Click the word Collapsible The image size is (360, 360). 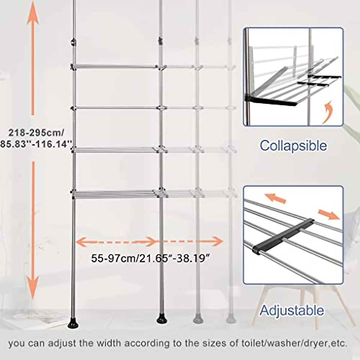click(293, 146)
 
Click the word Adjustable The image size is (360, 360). click(292, 310)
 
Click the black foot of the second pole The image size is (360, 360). click(161, 319)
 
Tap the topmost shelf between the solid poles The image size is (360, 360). click(115, 67)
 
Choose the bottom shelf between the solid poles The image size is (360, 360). click(115, 194)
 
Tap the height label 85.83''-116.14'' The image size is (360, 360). click(36, 144)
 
